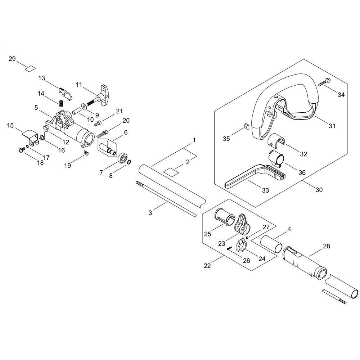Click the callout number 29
point(12,59)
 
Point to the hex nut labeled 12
point(46,128)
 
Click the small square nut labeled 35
point(247,126)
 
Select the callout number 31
point(332,126)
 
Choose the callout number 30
point(319,190)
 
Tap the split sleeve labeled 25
point(224,216)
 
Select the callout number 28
point(326,246)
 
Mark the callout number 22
point(207,266)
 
